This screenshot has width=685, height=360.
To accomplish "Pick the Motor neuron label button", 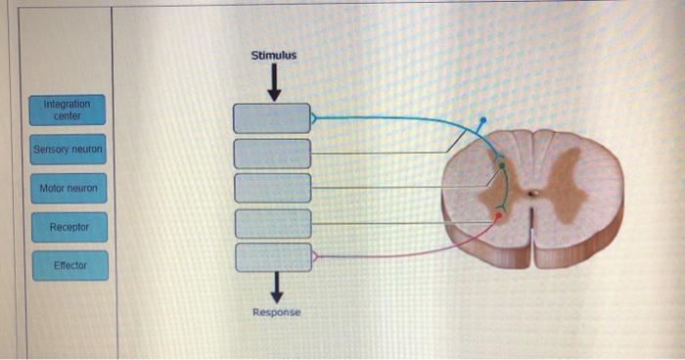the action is (x=68, y=188).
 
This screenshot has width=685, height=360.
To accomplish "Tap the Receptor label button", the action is (x=68, y=227).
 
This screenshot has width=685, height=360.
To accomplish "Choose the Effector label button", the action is (x=68, y=265).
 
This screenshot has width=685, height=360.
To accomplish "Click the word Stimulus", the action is (x=274, y=56).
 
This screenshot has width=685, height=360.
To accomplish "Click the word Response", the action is (x=277, y=312).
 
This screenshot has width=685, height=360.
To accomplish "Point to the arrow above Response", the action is (x=276, y=287).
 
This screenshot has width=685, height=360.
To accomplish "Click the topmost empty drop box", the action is (x=271, y=118).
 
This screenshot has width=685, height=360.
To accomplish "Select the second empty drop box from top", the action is (x=271, y=154).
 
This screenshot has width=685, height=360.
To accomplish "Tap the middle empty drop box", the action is (x=271, y=188).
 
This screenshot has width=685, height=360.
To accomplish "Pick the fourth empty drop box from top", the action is (x=271, y=223).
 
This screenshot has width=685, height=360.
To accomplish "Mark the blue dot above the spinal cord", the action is (x=481, y=122).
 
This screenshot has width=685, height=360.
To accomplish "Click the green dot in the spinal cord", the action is (x=502, y=166).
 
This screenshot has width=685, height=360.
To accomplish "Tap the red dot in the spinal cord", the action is (x=498, y=216).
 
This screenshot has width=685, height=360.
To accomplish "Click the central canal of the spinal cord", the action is (x=532, y=193).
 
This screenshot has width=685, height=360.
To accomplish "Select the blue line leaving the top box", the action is (x=391, y=117).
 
